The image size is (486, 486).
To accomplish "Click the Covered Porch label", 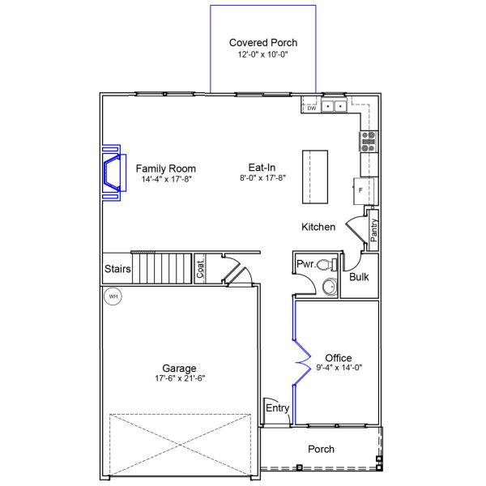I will tap(263, 42).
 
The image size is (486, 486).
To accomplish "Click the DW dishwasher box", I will tap(311, 109).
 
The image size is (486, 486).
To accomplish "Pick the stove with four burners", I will tap(369, 142).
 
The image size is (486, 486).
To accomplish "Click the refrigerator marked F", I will tap(367, 190).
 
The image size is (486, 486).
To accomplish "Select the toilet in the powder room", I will tap(326, 264).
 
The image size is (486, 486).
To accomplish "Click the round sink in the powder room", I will tap(328, 287).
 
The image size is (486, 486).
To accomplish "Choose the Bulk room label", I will tap(359, 277).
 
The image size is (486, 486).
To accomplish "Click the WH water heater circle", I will tap(113, 297).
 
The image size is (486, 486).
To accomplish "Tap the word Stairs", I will tap(117, 269).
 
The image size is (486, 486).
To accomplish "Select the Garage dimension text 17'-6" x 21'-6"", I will tap(178, 378).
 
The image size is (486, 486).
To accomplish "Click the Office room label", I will tap(338, 357).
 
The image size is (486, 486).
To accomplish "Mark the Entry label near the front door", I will tap(277, 408).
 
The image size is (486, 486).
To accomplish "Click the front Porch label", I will tap(321, 450).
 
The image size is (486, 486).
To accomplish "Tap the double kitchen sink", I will tap(333, 106).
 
